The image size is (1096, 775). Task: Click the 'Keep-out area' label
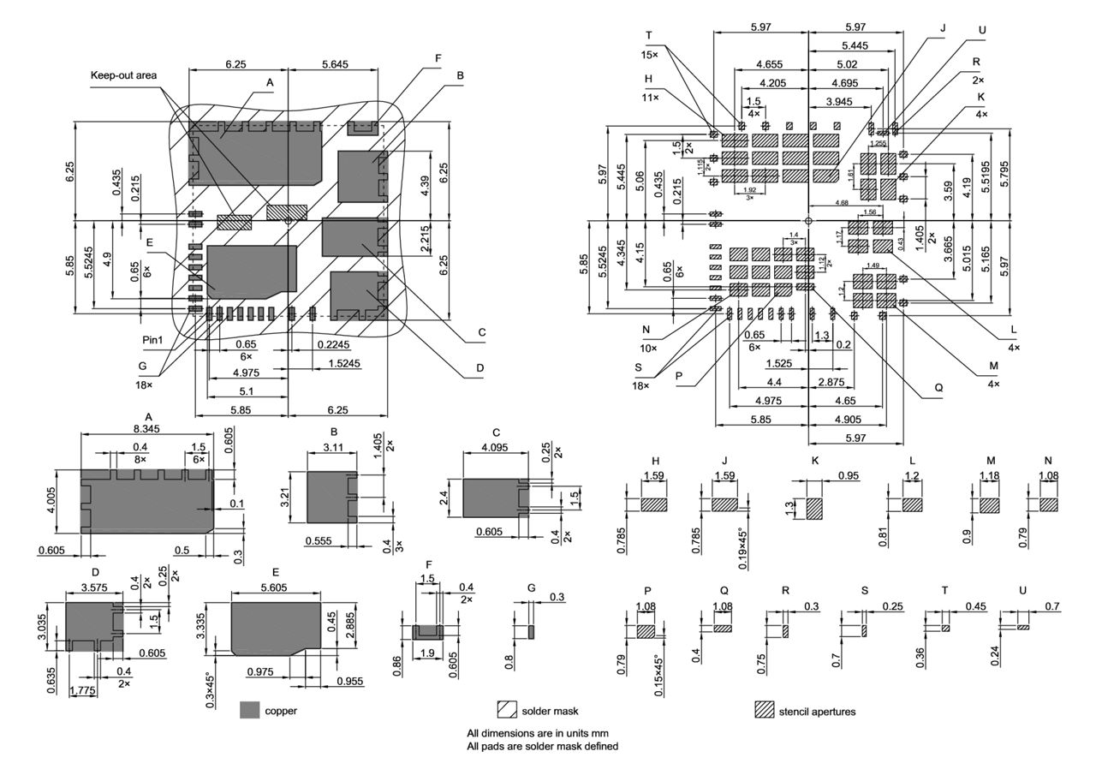pyautogui.click(x=124, y=75)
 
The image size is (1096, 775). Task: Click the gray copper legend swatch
pyautogui.click(x=249, y=710)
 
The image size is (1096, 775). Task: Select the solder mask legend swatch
pyautogui.click(x=507, y=710)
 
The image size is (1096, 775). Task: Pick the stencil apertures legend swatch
pyautogui.click(x=764, y=710)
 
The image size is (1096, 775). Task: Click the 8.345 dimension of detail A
pyautogui.click(x=148, y=428)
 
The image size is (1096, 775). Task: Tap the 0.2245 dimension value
pyautogui.click(x=333, y=343)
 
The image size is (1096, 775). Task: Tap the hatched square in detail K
pyautogui.click(x=813, y=509)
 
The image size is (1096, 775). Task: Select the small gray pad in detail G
pyautogui.click(x=530, y=631)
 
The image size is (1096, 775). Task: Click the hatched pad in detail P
pyautogui.click(x=645, y=631)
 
